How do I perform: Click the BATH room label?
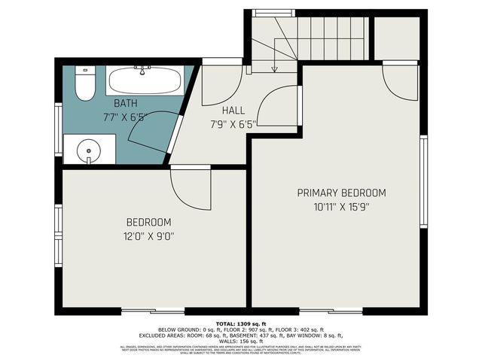(x=126, y=103)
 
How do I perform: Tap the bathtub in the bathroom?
(x=143, y=80)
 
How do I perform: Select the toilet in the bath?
(x=84, y=84)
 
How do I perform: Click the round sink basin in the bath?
(x=89, y=150)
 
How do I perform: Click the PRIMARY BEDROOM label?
(x=341, y=193)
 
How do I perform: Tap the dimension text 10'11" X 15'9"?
(x=341, y=206)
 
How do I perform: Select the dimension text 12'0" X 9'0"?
(x=148, y=236)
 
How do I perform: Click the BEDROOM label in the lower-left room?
(x=148, y=223)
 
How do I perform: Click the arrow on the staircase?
(x=274, y=68)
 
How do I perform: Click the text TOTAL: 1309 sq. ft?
(x=241, y=323)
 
